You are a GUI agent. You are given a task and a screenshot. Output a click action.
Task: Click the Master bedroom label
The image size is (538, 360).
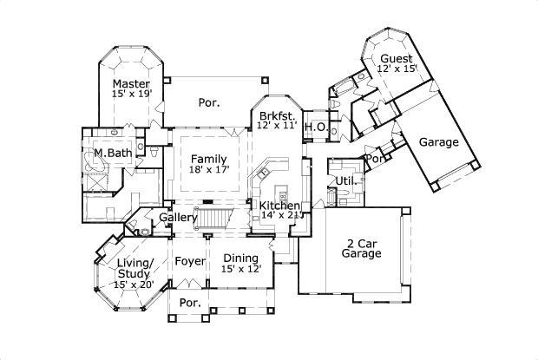tap(131, 84)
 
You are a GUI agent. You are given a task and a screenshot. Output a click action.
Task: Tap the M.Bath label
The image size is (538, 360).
tap(112, 154)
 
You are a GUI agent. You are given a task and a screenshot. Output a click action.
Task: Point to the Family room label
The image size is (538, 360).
tap(208, 159)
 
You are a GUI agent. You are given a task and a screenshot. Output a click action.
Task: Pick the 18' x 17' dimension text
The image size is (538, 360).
tap(208, 170)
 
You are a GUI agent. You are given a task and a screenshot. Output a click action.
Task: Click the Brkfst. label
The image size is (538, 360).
tap(277, 115)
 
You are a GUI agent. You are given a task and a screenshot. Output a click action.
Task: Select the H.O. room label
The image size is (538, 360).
tap(314, 127)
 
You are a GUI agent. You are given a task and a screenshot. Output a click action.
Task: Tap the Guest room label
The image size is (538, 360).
tap(396, 59)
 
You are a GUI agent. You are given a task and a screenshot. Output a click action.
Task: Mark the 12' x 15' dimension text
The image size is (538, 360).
tap(397, 69)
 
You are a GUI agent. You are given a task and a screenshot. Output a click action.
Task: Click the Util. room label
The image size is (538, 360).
tap(344, 180)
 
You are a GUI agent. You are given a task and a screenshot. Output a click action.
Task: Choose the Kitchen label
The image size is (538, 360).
tap(279, 206)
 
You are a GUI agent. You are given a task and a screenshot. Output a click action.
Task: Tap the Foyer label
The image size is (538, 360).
tap(189, 261)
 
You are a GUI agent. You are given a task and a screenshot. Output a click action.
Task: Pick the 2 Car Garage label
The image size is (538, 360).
tap(361, 248)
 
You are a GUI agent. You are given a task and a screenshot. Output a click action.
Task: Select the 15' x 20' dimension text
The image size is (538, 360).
tap(134, 283)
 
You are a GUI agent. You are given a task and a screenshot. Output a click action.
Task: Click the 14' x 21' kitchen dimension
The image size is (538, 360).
tap(279, 215)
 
